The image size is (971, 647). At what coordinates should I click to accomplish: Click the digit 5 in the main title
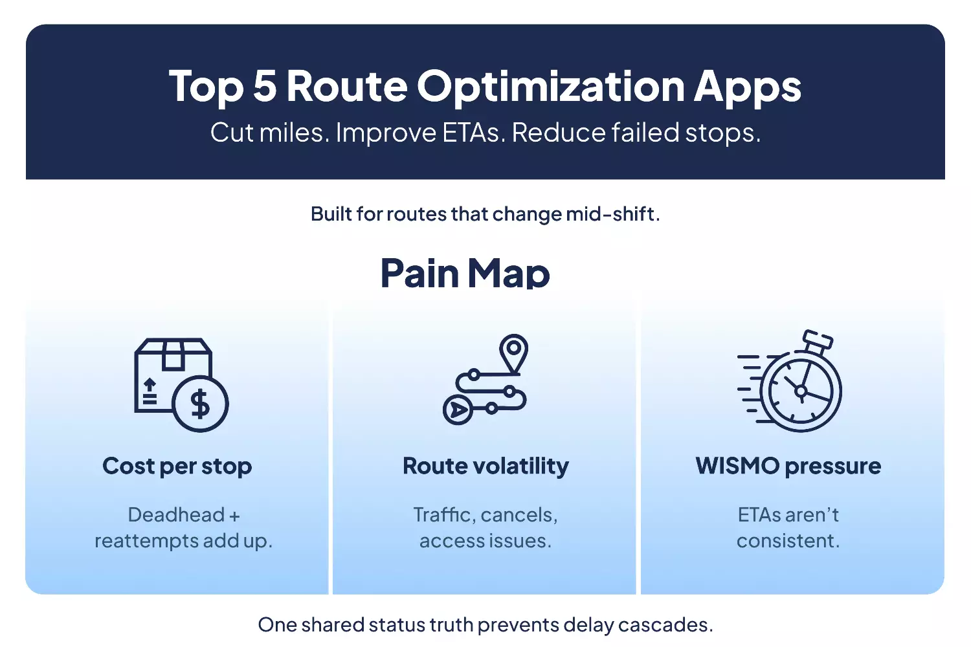[x=264, y=86]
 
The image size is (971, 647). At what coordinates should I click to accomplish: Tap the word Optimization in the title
[x=551, y=87]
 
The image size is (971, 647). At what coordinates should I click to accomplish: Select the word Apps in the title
[x=747, y=87]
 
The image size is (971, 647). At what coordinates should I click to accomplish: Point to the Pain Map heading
[x=465, y=272]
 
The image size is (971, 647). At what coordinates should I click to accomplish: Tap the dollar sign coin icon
[x=201, y=404]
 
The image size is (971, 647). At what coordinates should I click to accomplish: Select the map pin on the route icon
[x=513, y=351]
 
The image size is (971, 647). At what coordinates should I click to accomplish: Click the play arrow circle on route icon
[x=458, y=410]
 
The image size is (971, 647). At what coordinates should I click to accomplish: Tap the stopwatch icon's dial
[x=801, y=390]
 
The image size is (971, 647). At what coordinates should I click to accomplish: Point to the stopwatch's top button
[x=817, y=339]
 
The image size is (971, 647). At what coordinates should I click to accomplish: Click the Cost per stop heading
[x=177, y=466]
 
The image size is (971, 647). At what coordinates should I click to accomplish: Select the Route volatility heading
[x=485, y=466]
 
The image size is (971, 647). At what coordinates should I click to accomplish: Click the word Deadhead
[x=176, y=515]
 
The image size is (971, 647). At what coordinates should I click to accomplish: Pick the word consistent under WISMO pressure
[x=787, y=541]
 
